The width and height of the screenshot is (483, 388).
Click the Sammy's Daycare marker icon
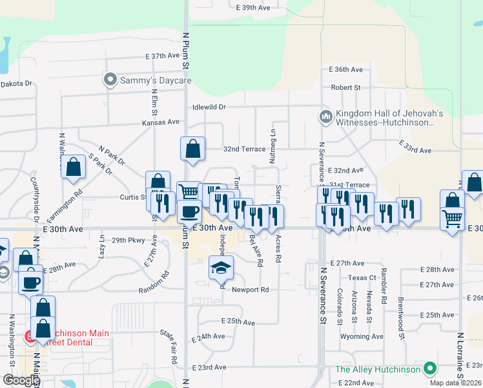(x=110, y=80)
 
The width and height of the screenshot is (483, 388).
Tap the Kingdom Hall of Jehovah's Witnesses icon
(x=325, y=117)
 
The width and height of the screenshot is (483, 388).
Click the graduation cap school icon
(x=221, y=267)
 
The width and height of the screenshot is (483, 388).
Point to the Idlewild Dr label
(x=209, y=107)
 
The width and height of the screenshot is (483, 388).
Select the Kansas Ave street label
(x=161, y=122)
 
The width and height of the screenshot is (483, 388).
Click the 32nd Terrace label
(x=244, y=149)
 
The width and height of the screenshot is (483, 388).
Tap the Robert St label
(x=345, y=87)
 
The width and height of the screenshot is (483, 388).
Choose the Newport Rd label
(x=251, y=290)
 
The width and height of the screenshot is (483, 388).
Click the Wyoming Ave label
(x=362, y=336)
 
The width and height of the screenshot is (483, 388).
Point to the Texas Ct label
(x=362, y=278)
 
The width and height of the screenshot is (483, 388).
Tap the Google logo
(x=21, y=380)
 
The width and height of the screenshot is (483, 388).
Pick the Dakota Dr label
(x=16, y=83)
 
